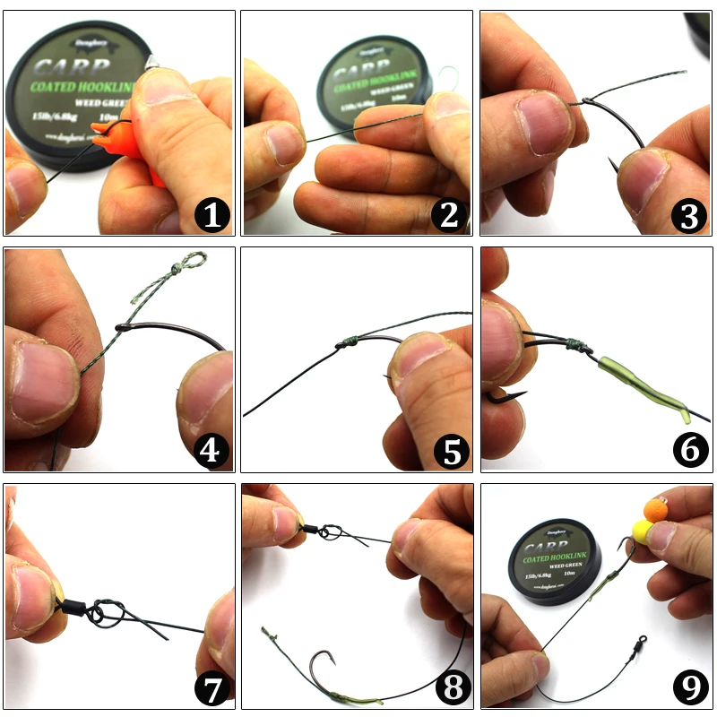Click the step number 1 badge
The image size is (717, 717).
(x=212, y=215)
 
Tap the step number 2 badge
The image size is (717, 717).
(x=450, y=215)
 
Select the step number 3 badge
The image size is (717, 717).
(x=688, y=215)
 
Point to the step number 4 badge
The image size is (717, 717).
(x=212, y=452)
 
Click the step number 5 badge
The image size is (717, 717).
(x=450, y=452)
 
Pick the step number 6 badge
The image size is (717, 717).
(x=688, y=452)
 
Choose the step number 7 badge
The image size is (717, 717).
(x=212, y=688)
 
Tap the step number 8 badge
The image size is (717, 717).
(x=450, y=688)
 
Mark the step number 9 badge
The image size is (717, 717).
(x=688, y=688)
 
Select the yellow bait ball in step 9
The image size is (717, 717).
(x=644, y=534)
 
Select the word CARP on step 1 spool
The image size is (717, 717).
(x=73, y=70)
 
